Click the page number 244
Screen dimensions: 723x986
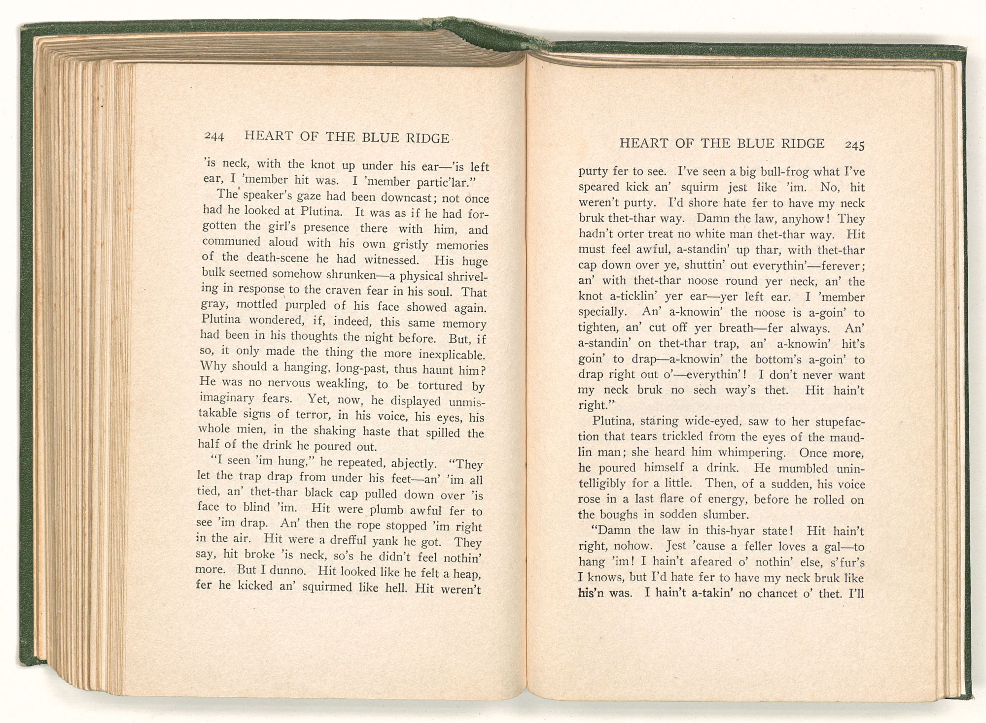click(214, 136)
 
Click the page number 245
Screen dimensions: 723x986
click(855, 145)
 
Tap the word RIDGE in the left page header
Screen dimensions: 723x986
click(426, 138)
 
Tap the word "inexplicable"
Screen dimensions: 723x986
click(452, 355)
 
